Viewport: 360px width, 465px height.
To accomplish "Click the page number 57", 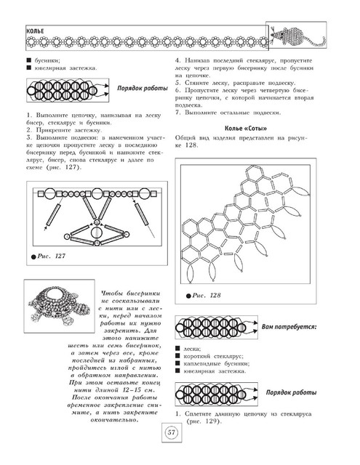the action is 172,432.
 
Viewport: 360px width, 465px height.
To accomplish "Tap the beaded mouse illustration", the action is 297,36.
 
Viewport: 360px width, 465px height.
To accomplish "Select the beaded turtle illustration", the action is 60,305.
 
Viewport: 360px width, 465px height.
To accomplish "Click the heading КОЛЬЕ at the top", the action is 35,31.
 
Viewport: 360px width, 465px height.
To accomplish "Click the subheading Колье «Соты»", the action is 246,129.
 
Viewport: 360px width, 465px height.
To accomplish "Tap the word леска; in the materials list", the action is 192,349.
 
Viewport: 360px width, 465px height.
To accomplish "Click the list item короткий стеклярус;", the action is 213,356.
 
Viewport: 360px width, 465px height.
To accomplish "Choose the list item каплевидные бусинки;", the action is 216,363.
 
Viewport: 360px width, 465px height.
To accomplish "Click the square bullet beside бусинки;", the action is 29,60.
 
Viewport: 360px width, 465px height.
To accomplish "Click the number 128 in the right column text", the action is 191,145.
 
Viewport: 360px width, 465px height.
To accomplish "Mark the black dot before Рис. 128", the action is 188,296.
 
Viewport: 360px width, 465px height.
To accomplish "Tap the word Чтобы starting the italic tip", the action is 112,294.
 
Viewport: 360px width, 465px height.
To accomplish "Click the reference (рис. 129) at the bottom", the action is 204,421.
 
